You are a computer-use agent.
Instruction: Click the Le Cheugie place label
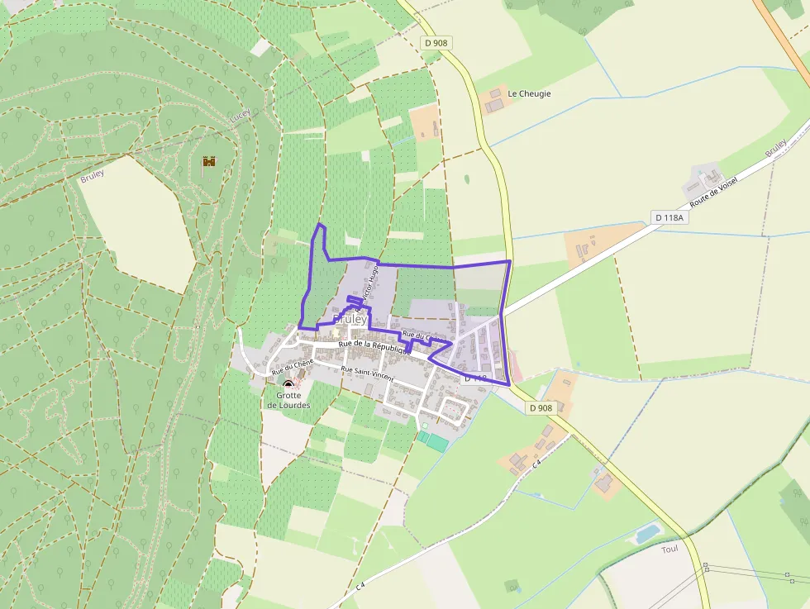pos(529,93)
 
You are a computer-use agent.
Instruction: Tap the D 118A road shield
pos(669,217)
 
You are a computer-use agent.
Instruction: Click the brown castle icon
pos(208,162)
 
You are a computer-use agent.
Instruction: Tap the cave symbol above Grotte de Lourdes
pos(288,385)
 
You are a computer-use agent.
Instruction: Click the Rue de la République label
pos(374,347)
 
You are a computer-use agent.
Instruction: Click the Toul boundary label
pos(669,549)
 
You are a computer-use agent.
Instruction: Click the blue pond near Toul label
pos(647,533)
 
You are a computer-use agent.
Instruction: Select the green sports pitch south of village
pos(434,442)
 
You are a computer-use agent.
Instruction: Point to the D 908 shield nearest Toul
pos(540,407)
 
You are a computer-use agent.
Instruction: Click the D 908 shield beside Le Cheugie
pos(436,42)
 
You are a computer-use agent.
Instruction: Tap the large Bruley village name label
pos(350,319)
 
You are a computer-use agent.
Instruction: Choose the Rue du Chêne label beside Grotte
pos(293,366)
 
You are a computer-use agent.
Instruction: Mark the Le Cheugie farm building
pos(494,102)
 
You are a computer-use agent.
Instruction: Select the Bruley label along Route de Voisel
pos(775,149)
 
